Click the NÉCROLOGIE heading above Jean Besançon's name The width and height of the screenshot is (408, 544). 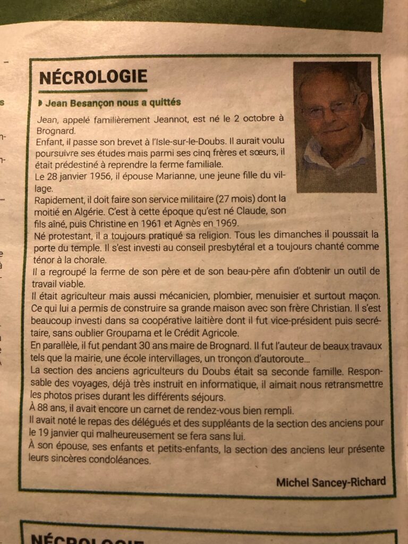coord(93,78)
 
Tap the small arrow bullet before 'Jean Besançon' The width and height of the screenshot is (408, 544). coord(41,102)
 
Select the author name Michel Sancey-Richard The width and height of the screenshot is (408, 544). coord(330,482)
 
